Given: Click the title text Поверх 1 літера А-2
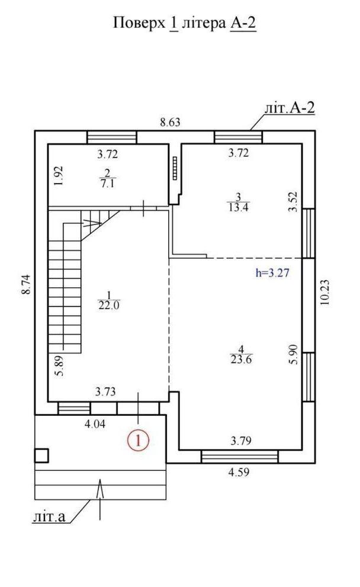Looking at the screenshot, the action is coord(185,23).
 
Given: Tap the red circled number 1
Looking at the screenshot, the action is coord(139,440).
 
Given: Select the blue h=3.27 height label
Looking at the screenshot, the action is coord(272,273).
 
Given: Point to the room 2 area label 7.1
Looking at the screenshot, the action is coord(108,184).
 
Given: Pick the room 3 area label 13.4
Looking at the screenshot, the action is coord(239,207).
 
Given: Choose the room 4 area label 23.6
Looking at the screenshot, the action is coord(242,360).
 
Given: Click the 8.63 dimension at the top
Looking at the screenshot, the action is coord(171,123).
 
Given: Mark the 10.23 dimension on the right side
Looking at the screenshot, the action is coord(325,293).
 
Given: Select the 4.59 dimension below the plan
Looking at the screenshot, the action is coord(239,472).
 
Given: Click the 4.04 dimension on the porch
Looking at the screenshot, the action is coord(95,424).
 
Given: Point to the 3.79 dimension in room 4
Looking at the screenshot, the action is coord(241,441).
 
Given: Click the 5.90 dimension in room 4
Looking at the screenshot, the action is coord(294,355).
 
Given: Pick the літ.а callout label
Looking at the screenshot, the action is coord(49,517).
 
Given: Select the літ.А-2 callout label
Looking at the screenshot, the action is coord(290,108).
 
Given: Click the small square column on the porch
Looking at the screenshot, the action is coord(41,456).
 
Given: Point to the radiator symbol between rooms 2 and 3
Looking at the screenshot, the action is coord(175,168).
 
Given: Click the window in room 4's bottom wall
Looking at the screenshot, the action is coord(239,457).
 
